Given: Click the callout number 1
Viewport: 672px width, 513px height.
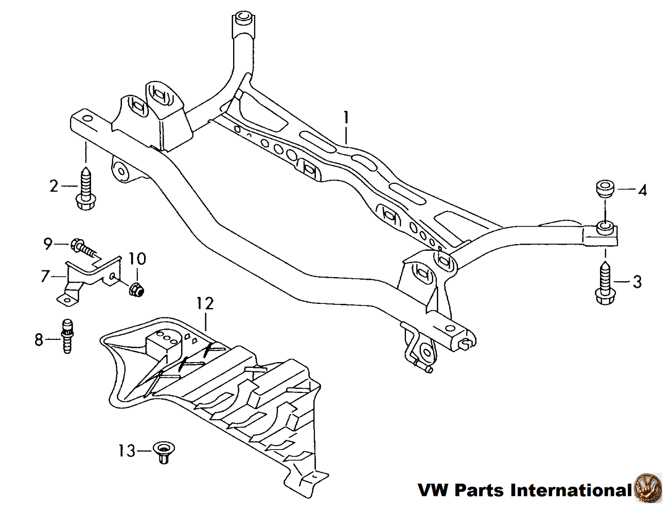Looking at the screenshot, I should point(346,118).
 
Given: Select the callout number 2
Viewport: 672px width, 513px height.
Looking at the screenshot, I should point(54,186).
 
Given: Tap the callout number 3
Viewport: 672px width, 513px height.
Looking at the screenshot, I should point(637,282).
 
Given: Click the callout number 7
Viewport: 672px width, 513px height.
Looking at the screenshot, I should point(45,277).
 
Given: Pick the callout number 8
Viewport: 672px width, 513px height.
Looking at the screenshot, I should point(39,340).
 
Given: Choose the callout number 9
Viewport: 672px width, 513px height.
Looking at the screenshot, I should point(48,243).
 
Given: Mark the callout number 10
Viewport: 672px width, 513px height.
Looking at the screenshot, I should point(137,258).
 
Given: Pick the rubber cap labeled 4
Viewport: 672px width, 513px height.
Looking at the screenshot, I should point(605,190).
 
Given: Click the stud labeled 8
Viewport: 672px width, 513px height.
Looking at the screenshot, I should point(66,336).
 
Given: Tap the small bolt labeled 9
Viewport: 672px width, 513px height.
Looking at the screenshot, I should point(84,247).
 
